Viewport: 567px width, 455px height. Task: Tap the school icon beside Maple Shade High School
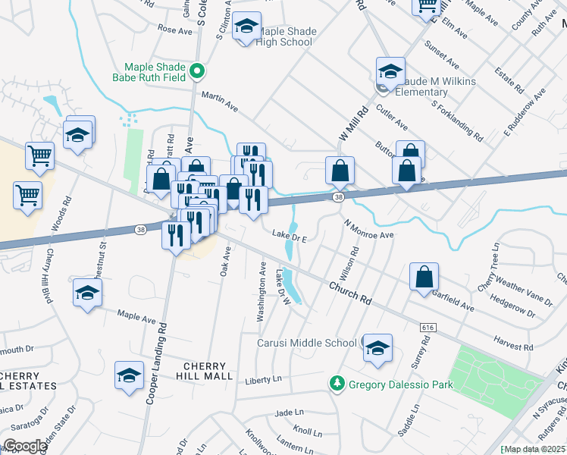246,27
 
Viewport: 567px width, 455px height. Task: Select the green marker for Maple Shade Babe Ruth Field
198,72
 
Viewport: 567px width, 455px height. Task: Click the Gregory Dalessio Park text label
400,384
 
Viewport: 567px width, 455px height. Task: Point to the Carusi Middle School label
307,343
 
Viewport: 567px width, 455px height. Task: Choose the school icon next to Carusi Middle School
377,348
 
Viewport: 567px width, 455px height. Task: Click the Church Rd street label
350,292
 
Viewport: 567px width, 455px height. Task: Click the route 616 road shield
427,326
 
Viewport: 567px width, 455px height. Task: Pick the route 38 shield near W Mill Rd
339,197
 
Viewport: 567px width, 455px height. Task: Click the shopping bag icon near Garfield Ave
424,278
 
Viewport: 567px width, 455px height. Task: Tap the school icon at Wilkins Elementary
390,72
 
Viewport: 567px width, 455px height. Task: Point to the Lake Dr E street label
290,238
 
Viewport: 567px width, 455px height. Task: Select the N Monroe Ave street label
369,230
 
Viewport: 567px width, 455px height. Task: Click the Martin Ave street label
220,102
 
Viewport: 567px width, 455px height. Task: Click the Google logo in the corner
25,446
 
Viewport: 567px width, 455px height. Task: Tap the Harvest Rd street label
512,344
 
